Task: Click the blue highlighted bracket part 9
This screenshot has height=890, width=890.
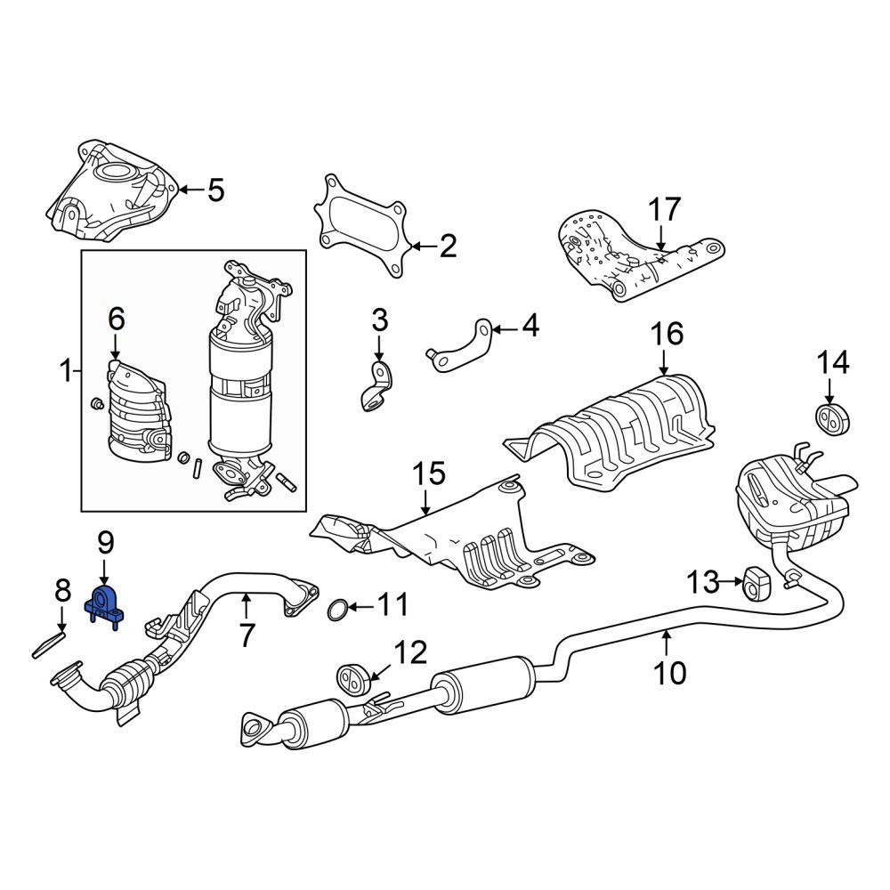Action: [105, 606]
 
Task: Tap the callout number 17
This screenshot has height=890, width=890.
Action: [665, 210]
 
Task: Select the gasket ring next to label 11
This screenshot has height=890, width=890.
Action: [337, 609]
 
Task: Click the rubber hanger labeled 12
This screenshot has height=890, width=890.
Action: [353, 678]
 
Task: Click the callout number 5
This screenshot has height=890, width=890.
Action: [215, 190]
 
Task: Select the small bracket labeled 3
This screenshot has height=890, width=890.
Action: [376, 386]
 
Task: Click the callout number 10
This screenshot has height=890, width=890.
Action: [670, 673]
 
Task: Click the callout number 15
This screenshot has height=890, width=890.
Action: [429, 474]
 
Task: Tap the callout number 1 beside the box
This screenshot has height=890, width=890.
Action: [67, 372]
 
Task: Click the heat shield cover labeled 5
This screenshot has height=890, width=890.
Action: [110, 196]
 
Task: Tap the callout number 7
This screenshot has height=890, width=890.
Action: [246, 635]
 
